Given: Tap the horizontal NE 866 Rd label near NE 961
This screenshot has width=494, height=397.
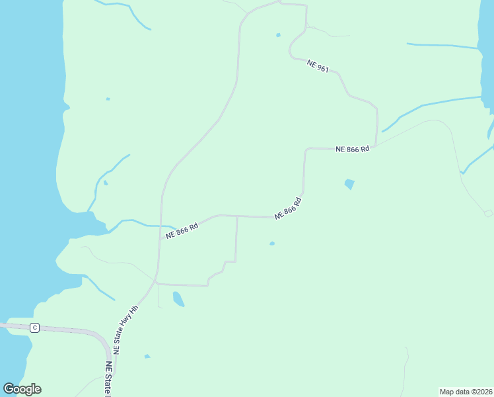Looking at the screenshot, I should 352,150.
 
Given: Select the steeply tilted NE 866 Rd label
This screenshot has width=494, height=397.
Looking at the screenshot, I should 289,208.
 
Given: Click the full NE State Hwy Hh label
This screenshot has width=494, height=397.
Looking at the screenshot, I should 125,330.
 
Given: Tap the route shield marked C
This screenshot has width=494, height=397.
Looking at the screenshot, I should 35,328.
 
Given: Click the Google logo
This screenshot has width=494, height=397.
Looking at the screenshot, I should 22,389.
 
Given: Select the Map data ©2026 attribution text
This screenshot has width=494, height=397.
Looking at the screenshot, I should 466,391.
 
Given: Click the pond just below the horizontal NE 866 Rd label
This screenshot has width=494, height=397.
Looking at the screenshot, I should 349,184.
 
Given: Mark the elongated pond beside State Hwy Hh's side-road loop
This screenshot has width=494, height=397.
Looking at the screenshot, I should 178,299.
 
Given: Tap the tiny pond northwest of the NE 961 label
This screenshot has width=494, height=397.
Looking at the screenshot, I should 278,35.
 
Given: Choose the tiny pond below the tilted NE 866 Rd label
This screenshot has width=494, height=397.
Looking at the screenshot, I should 272,243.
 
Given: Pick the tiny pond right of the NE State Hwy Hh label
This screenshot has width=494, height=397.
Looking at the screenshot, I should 147,357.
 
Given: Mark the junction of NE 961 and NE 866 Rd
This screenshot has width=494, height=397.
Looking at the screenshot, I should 376,146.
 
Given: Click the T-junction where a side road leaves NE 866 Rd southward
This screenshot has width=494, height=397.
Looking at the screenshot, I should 237,216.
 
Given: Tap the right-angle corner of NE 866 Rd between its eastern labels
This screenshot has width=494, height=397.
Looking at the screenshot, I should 306,150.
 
